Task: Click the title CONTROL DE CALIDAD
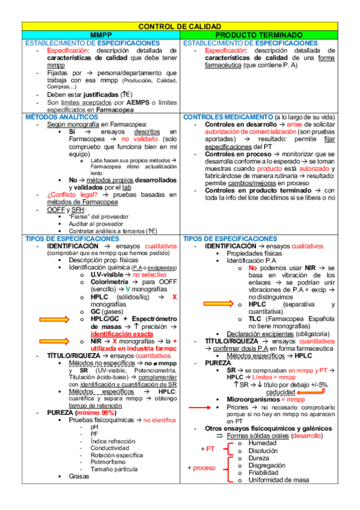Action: [x=180, y=26]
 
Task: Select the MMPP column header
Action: [x=101, y=35]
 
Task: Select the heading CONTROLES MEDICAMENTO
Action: [x=228, y=117]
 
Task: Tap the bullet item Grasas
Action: [x=79, y=476]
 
